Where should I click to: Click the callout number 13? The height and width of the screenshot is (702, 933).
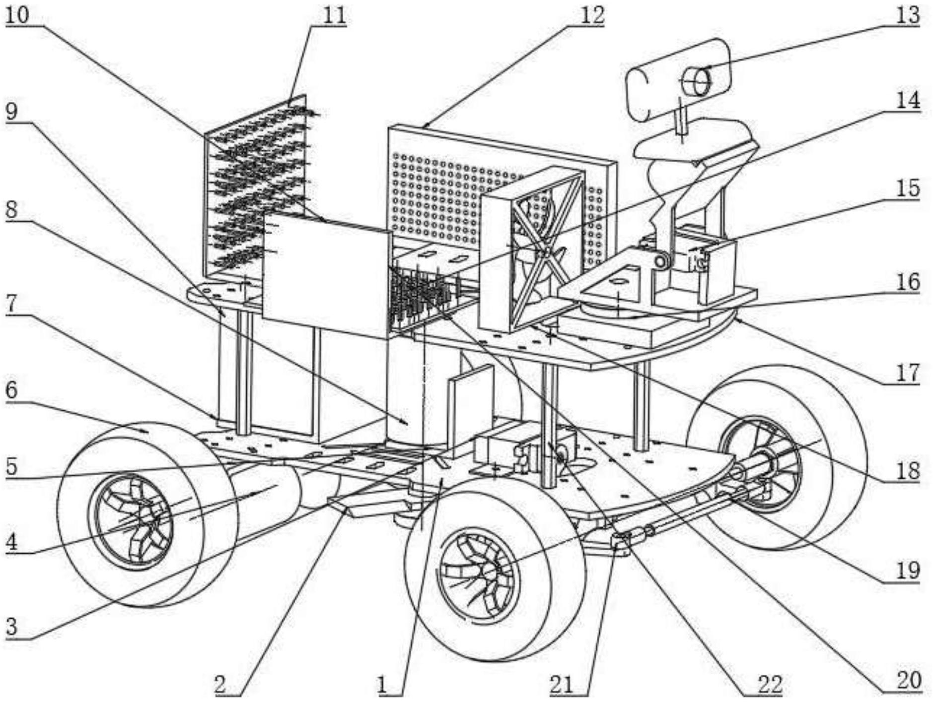pos(908,15)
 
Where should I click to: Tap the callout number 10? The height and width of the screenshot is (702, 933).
pos(18,15)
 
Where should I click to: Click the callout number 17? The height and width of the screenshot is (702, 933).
pos(908,373)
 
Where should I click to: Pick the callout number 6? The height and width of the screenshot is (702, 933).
pos(11,390)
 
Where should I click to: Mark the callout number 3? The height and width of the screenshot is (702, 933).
pos(11,627)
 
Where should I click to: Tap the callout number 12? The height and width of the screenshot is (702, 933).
pos(591,15)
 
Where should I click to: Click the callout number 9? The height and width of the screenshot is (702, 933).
pos(11,112)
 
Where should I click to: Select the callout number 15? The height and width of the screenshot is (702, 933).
pos(908,189)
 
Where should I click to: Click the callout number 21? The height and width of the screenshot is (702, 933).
pos(562,685)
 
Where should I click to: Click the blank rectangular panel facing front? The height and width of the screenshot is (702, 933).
pos(325,275)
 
